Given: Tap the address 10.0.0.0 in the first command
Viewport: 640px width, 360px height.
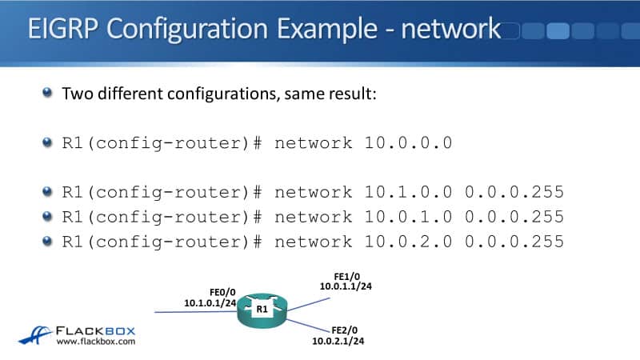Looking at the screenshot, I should point(410,143).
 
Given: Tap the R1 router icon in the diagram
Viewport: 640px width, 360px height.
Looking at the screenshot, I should point(262,308).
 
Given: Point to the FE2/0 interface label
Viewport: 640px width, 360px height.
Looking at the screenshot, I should point(342,330).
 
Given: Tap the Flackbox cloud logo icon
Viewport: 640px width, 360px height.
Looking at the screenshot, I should point(35,334).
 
